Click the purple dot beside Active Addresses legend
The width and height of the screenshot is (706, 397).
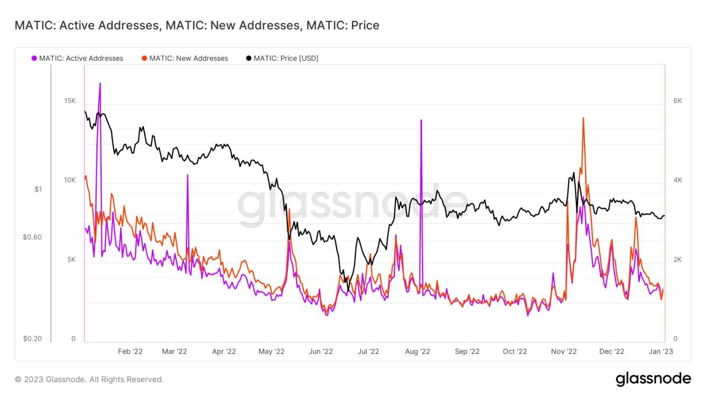pos(34,58)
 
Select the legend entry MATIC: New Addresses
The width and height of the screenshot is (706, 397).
pos(188,58)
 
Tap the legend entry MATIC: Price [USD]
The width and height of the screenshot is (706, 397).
pos(285,58)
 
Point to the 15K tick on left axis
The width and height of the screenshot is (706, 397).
pos(69,101)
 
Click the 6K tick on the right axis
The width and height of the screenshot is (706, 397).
pos(678,101)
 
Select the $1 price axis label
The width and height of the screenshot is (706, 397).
pos(38,189)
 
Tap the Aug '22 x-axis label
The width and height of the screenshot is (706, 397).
pos(418,351)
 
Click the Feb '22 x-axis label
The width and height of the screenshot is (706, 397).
pos(131,351)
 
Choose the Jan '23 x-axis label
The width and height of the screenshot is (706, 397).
pos(660,351)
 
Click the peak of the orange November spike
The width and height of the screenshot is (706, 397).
pos(583,117)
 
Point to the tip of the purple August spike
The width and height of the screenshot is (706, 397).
pos(421,120)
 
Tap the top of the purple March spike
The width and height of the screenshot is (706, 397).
pos(188,175)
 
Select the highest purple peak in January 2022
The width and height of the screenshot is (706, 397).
pos(100,83)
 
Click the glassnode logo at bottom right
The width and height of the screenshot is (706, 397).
pos(653,379)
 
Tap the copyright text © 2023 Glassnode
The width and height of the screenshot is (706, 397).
pos(89,379)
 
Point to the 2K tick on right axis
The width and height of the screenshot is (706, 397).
pos(678,260)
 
